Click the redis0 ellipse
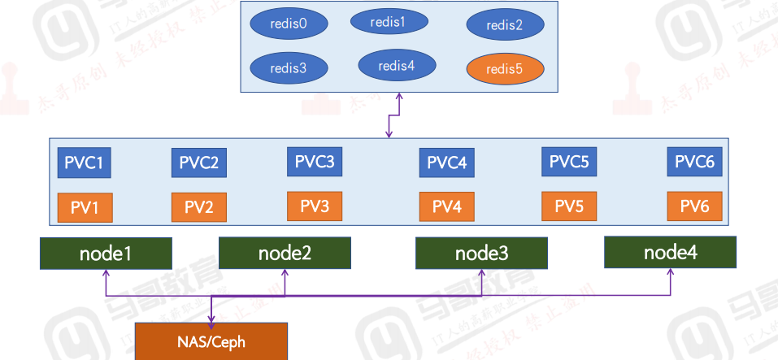[289, 23]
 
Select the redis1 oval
[389, 21]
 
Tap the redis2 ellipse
[504, 24]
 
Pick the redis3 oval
[289, 67]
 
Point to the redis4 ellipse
[398, 65]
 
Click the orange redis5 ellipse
[505, 68]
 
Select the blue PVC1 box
[84, 163]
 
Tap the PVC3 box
[314, 161]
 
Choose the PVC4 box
[446, 163]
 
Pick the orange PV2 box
[198, 207]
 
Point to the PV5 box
[569, 206]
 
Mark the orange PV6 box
[694, 206]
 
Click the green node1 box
[106, 253]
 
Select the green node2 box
[285, 253]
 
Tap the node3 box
[481, 253]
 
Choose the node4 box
[670, 252]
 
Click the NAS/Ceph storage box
[211, 341]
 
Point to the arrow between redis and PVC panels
[393, 115]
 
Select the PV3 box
[314, 206]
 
